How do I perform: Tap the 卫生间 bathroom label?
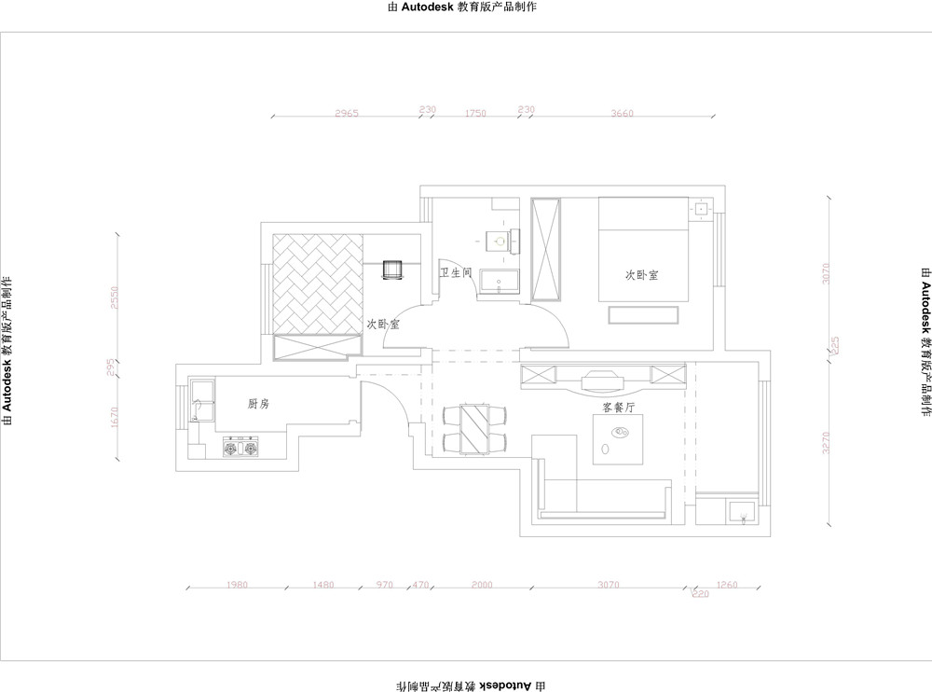tap(456, 273)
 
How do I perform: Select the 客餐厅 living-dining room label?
tap(619, 408)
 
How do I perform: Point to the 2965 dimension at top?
tap(347, 113)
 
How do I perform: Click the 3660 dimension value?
tap(622, 113)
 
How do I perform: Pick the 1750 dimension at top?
tap(475, 113)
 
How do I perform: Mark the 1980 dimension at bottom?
tap(237, 585)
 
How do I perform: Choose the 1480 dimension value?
tap(322, 585)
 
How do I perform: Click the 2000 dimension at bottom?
tap(481, 585)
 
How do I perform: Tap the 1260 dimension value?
tap(728, 585)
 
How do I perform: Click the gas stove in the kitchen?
tap(240, 450)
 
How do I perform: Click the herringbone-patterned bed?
tap(317, 284)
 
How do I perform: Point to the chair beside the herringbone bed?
tap(392, 270)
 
